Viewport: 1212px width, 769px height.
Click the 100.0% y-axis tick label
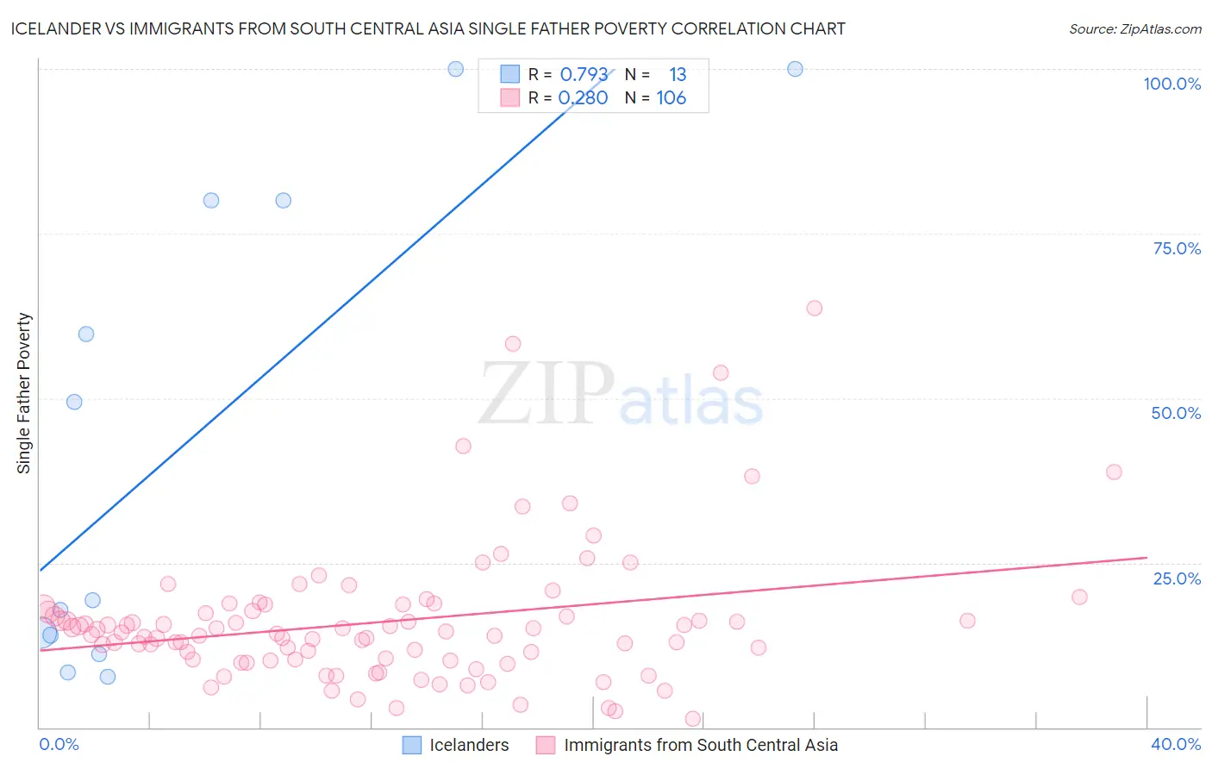tap(1171, 84)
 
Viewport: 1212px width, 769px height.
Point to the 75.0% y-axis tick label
tap(1177, 248)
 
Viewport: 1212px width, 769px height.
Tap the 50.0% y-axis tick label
tap(1176, 413)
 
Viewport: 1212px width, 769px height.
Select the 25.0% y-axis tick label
tap(1177, 578)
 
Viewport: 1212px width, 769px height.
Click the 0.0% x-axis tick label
tap(59, 744)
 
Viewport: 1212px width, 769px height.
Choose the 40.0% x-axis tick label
tap(1176, 744)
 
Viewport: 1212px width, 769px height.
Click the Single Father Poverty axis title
tap(23, 393)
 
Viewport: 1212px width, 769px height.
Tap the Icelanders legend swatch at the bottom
tap(412, 745)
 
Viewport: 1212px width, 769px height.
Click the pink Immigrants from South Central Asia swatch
tap(546, 745)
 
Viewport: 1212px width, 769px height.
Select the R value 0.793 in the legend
tap(584, 75)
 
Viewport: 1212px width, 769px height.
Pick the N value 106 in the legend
tap(671, 98)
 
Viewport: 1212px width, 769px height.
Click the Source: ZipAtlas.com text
tap(1134, 29)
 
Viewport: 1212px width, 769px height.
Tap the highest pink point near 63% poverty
tap(814, 308)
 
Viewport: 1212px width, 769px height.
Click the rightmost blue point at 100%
tap(795, 69)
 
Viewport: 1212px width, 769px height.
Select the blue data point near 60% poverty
tap(86, 334)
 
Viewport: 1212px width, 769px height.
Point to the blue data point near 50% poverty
tap(74, 402)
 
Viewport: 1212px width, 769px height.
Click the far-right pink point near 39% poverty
tap(1114, 472)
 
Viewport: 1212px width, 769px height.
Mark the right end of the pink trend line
tap(1146, 557)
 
